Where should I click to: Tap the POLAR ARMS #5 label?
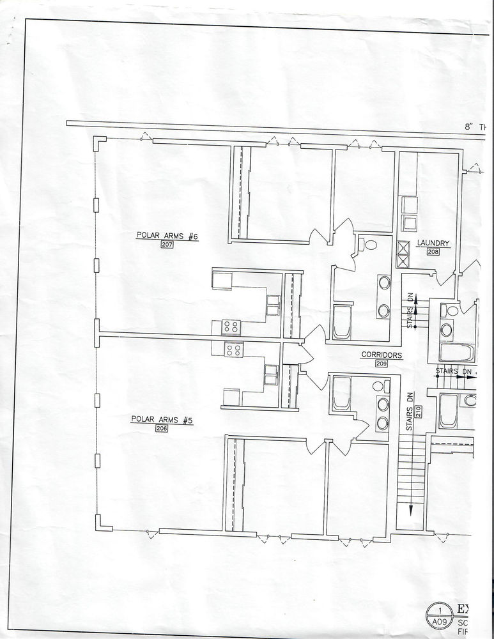[x=162, y=420]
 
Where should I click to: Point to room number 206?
[x=161, y=429]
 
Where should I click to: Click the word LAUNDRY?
[x=433, y=243]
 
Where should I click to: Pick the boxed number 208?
[x=433, y=252]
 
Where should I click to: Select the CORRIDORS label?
[x=381, y=354]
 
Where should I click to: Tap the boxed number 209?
[x=381, y=363]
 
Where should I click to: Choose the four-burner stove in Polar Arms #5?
[x=233, y=350]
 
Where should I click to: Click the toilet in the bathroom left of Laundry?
[x=369, y=244]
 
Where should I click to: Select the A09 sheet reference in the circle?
[x=439, y=620]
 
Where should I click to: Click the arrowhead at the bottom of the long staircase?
[x=410, y=511]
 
